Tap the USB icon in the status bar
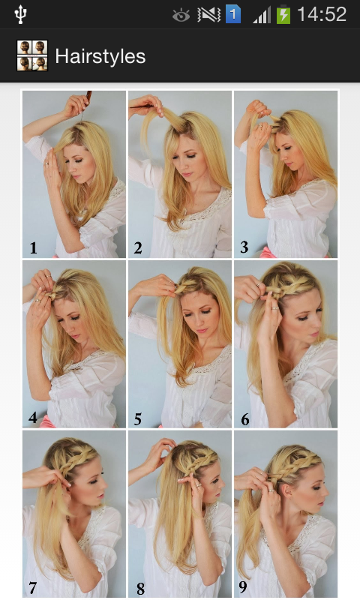pyautogui.click(x=20, y=14)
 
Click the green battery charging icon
pyautogui.click(x=283, y=15)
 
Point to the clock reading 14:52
pyautogui.click(x=322, y=14)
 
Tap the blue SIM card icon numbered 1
pyautogui.click(x=233, y=15)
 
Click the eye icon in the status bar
pyautogui.click(x=181, y=16)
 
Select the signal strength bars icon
pyautogui.click(x=262, y=16)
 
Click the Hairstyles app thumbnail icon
pyautogui.click(x=32, y=55)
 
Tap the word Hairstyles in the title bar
pyautogui.click(x=100, y=56)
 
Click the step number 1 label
pyautogui.click(x=34, y=248)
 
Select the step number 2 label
pyautogui.click(x=138, y=248)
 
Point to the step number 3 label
pyautogui.click(x=244, y=247)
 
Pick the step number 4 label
pyautogui.click(x=33, y=418)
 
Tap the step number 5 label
pyautogui.click(x=138, y=419)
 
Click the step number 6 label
pyautogui.click(x=244, y=419)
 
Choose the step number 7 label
pyautogui.click(x=32, y=587)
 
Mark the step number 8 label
pyautogui.click(x=140, y=589)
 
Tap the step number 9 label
pyautogui.click(x=242, y=586)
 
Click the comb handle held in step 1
pyautogui.click(x=88, y=97)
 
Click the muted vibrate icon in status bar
pyautogui.click(x=209, y=15)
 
